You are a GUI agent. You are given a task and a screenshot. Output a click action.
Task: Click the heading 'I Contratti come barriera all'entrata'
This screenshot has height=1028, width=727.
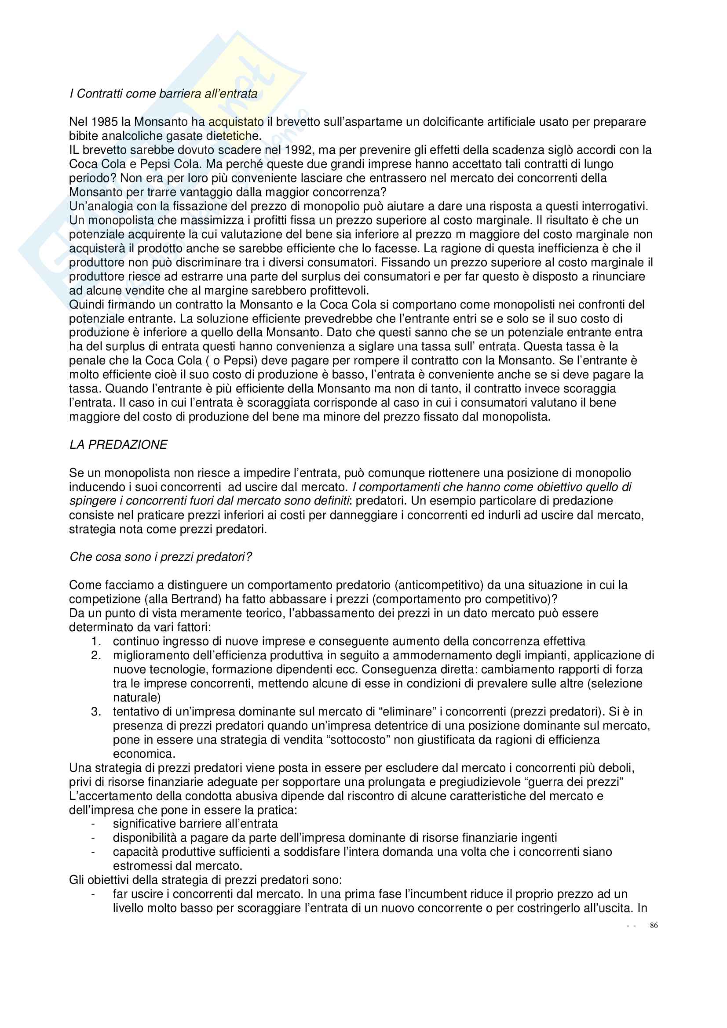(164, 94)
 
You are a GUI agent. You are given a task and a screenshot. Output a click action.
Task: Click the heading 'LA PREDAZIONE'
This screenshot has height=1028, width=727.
(118, 445)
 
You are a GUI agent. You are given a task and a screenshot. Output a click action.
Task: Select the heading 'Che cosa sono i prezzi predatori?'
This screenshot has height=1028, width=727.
(161, 557)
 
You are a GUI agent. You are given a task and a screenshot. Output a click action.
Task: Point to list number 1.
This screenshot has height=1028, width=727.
(96, 642)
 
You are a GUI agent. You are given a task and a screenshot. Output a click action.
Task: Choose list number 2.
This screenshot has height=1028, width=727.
(96, 655)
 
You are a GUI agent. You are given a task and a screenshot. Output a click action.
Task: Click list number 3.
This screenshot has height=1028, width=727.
(96, 712)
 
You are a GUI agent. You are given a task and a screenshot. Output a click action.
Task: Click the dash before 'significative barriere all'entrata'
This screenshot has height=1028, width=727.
(93, 824)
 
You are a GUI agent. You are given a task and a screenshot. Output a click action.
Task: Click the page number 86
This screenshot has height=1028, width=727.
(654, 926)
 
